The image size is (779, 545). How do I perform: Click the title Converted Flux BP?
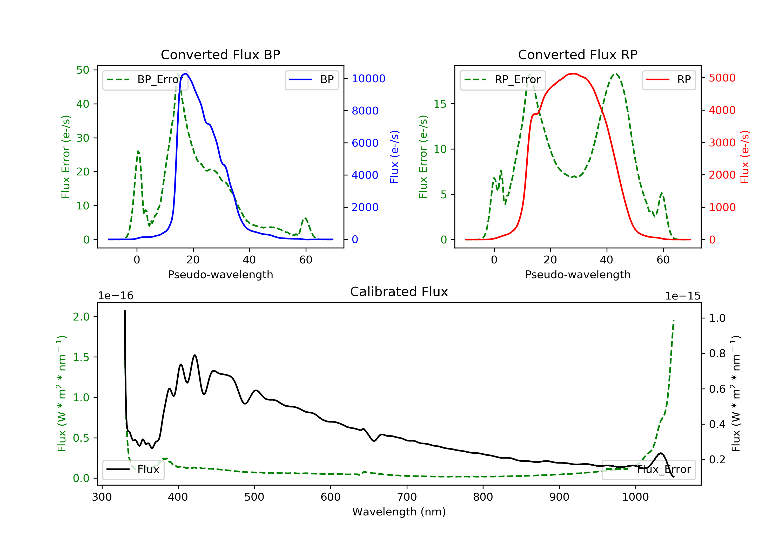(x=220, y=55)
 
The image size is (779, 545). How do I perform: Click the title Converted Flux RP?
(x=577, y=55)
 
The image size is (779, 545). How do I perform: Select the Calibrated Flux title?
(x=399, y=292)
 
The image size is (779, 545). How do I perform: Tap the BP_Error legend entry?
(x=145, y=80)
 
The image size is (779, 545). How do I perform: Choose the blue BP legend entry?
(x=311, y=80)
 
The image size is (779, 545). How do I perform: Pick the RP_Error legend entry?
(x=502, y=80)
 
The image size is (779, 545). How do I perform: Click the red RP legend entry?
(x=669, y=80)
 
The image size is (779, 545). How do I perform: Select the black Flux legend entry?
(x=133, y=469)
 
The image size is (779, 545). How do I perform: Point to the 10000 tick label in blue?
(x=368, y=79)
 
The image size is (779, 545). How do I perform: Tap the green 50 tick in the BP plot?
(x=83, y=70)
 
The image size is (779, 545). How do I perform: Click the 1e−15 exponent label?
(x=683, y=296)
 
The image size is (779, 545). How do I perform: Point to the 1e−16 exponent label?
(x=116, y=296)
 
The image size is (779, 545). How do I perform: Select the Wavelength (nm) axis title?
(x=399, y=512)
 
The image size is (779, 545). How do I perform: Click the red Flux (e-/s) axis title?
(x=744, y=157)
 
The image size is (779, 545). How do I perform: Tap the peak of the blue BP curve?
(x=186, y=74)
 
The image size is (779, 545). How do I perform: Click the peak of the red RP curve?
(x=573, y=74)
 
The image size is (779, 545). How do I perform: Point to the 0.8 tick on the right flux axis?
(x=717, y=353)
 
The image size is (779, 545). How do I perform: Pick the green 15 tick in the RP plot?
(x=440, y=104)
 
